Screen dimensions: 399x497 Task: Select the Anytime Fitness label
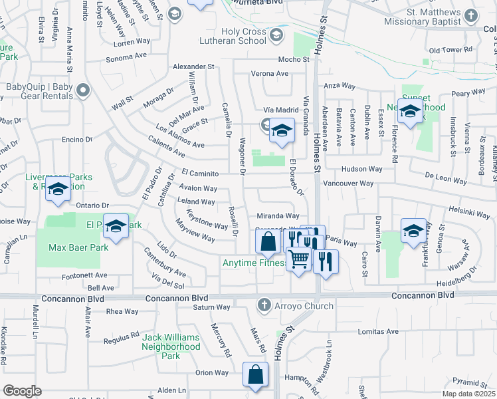(254, 263)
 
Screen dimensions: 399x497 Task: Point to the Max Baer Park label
(78, 248)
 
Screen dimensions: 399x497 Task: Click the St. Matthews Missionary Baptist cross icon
(471, 15)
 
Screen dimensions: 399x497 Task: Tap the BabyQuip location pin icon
(82, 90)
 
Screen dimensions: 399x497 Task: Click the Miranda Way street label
(277, 216)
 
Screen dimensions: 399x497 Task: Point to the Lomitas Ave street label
(378, 331)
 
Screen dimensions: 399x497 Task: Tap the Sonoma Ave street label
(131, 59)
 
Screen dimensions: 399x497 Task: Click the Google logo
(23, 391)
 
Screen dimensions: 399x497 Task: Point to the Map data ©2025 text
(468, 394)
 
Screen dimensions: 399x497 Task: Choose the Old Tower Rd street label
(450, 51)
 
